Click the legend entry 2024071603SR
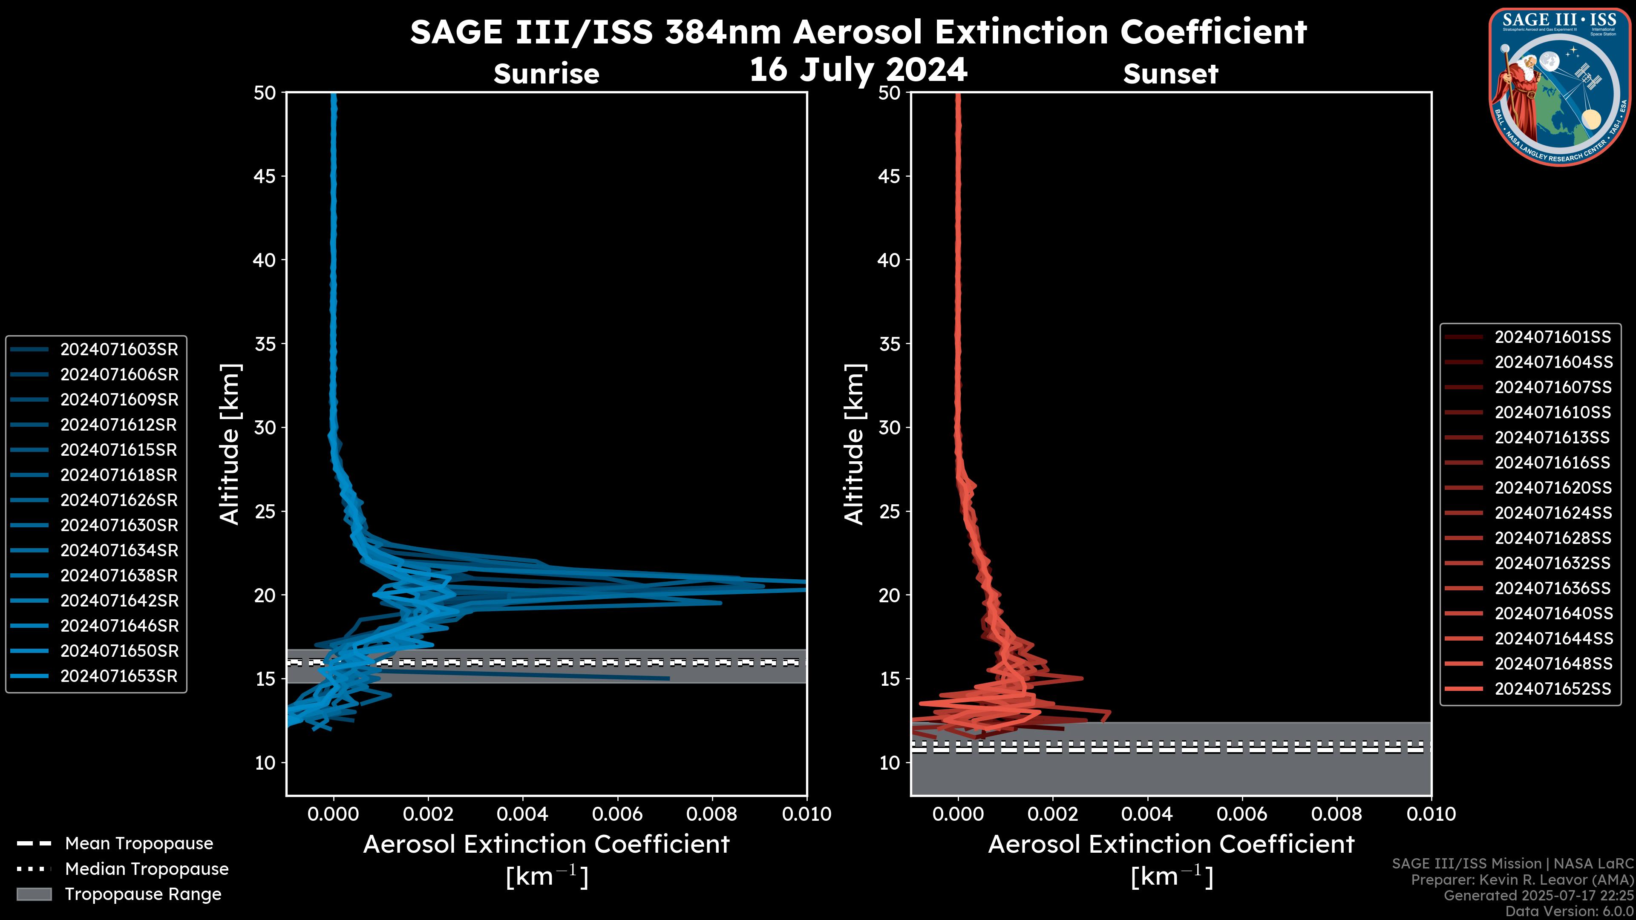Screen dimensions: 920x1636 pyautogui.click(x=119, y=349)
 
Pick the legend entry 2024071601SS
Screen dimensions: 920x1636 pyautogui.click(x=1552, y=337)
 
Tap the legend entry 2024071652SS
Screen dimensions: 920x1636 pyautogui.click(x=1552, y=689)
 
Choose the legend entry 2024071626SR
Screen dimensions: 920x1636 pyautogui.click(x=119, y=500)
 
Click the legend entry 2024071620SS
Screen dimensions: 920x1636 pyautogui.click(x=1552, y=488)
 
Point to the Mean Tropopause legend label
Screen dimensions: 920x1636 pyautogui.click(x=138, y=843)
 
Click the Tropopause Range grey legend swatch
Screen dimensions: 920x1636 pyautogui.click(x=34, y=894)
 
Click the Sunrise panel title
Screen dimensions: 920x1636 pyautogui.click(x=546, y=74)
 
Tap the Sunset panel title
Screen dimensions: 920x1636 pyautogui.click(x=1170, y=74)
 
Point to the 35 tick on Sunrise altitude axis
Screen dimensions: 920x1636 pyautogui.click(x=265, y=344)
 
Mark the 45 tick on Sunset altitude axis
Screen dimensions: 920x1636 pyautogui.click(x=889, y=176)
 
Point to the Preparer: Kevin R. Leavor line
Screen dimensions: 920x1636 pyautogui.click(x=1522, y=880)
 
